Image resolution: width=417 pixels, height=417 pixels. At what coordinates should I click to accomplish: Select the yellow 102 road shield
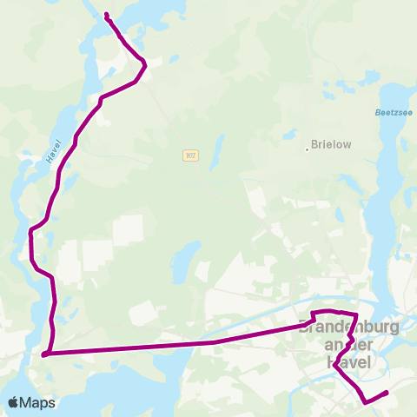tap(190, 155)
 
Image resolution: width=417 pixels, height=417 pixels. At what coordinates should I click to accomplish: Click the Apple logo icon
tap(14, 402)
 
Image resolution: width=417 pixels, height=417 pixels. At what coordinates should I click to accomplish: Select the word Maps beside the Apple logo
tap(39, 402)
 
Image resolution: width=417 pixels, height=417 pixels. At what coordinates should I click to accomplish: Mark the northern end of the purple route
tap(106, 15)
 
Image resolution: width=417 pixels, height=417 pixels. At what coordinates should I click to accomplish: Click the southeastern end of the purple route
tap(386, 394)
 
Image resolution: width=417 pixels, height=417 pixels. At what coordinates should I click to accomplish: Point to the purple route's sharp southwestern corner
tap(44, 354)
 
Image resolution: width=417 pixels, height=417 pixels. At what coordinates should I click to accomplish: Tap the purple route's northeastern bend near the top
tap(144, 65)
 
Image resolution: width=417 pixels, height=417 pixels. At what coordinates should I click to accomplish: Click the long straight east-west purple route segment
tap(174, 344)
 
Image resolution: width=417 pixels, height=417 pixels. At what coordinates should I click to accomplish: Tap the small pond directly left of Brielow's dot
tap(286, 135)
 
